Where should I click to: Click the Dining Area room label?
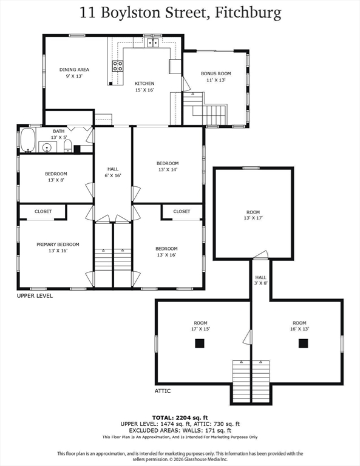(x=74, y=70)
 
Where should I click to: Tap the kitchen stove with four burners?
(x=118, y=66)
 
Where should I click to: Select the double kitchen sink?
(x=153, y=43)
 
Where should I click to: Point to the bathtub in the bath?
(x=28, y=140)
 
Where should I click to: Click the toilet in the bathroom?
(x=68, y=146)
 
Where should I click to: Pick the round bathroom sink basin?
(x=47, y=147)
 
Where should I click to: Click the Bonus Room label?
(x=216, y=73)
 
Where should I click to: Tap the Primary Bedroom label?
(x=58, y=245)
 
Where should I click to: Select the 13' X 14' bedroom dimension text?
(x=168, y=170)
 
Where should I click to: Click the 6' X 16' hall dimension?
(x=113, y=175)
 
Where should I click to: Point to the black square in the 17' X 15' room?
(x=200, y=343)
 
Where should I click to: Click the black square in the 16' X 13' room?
(x=303, y=343)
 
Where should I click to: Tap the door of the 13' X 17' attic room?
(x=261, y=255)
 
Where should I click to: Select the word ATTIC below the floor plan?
(x=163, y=391)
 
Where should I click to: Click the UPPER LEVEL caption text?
(x=35, y=295)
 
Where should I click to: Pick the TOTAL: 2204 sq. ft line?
(x=180, y=418)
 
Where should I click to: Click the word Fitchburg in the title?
(x=248, y=13)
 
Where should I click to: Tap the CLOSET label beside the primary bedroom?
(x=43, y=211)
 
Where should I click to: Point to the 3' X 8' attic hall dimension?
(x=260, y=283)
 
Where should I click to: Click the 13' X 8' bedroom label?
(x=56, y=180)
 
